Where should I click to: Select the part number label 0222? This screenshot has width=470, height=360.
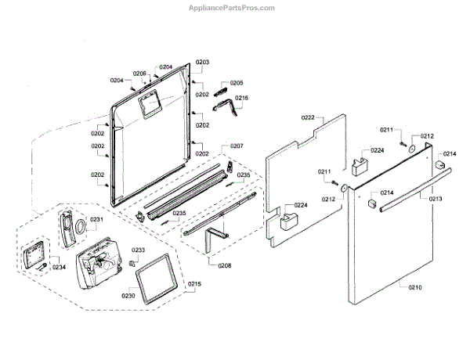point(308,117)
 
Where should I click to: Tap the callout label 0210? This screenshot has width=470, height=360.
point(414,288)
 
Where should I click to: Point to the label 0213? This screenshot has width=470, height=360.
point(436,199)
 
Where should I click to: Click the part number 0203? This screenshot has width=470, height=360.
point(202,62)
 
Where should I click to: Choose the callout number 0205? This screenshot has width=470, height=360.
point(237,83)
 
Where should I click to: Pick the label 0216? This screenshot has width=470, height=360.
point(241,99)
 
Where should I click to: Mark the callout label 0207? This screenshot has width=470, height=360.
point(237,146)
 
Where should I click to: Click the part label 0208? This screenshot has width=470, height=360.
point(225,265)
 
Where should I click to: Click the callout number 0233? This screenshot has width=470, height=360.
point(138,250)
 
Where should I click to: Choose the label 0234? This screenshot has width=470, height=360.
point(60,267)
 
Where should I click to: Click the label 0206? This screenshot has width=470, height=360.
point(139,74)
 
